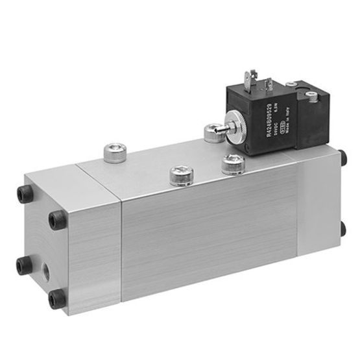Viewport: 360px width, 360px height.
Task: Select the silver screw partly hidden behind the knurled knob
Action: coord(212,132)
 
